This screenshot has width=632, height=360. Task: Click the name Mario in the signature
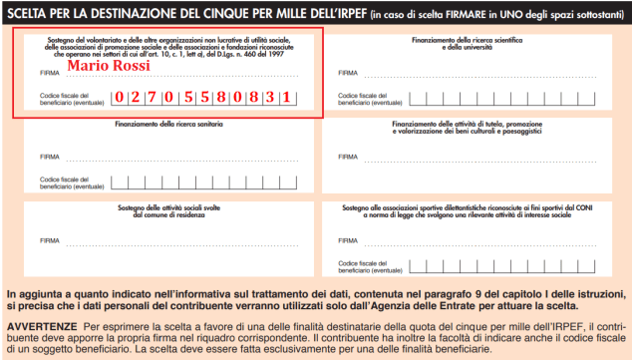pos(88,66)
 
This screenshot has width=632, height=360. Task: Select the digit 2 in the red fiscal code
pos(139,98)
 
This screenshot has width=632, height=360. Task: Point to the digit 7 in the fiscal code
pos(158,98)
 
